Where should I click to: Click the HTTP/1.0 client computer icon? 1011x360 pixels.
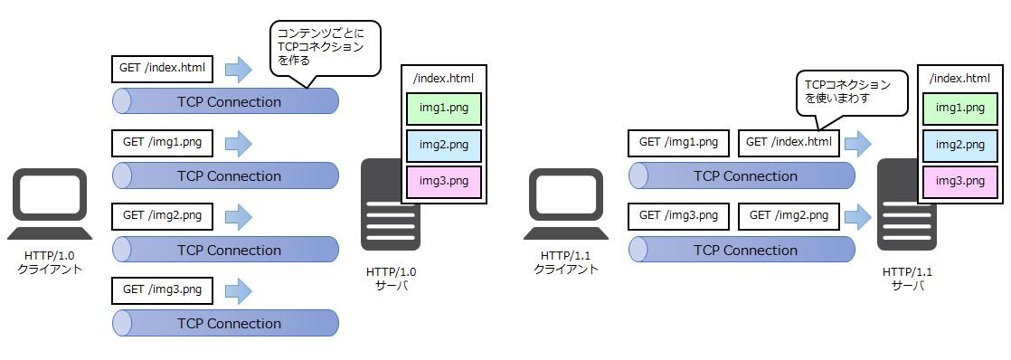coord(50,204)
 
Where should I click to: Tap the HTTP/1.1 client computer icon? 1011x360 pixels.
coord(565,204)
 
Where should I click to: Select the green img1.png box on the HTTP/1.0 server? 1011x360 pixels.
coord(444,109)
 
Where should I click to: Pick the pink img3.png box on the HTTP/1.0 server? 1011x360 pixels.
coord(444,181)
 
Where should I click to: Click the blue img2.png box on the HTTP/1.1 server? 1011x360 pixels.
coord(960,145)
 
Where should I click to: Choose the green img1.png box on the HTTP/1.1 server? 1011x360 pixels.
coord(960,109)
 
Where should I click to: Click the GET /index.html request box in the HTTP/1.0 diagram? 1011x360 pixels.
coord(162,69)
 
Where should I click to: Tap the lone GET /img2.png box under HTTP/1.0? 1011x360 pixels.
coord(162,215)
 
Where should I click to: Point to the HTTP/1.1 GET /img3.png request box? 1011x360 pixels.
coord(678,215)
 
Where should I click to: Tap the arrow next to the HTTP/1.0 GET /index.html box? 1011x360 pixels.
coord(238,69)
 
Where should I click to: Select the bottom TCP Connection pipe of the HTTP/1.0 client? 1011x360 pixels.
coord(226,323)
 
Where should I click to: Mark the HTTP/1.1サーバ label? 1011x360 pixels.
coord(907,279)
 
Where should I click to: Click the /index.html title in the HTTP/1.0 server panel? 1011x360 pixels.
coord(444,79)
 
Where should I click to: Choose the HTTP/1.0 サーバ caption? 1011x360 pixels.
coord(392,279)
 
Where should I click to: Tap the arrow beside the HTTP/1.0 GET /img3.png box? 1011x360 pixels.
coord(238,290)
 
